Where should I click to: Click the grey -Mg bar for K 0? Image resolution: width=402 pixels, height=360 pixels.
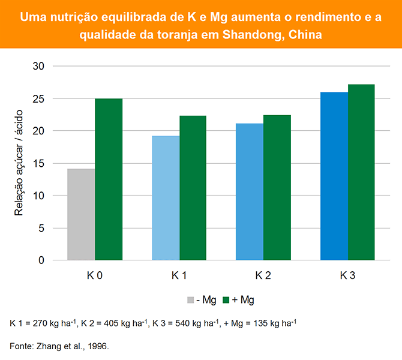pos(81,214)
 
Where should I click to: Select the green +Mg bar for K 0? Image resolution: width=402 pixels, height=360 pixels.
pos(109,179)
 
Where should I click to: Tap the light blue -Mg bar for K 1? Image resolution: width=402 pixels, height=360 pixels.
pos(166,198)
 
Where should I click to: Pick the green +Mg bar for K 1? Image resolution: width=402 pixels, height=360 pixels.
pos(193,188)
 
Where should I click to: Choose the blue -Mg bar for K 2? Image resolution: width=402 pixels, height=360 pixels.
pos(250,192)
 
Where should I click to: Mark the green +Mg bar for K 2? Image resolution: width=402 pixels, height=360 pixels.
pos(277,188)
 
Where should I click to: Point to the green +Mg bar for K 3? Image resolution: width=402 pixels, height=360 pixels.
pos(361,172)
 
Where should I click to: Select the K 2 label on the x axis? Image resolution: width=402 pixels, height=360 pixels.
pos(263,276)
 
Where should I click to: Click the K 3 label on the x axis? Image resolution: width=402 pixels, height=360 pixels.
pos(347,276)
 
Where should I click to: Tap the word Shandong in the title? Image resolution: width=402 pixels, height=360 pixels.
pos(251,35)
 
